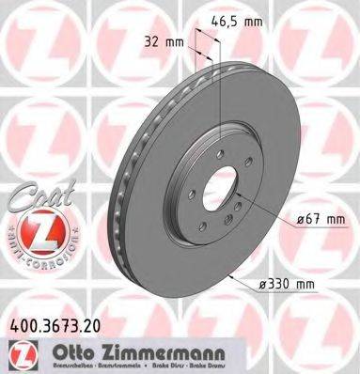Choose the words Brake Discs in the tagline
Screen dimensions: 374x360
coord(204,366)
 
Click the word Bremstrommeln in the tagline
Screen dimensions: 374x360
coord(137,366)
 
